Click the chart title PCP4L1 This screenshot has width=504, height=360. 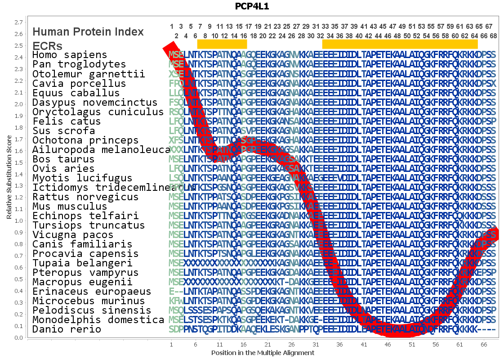(x=252, y=6)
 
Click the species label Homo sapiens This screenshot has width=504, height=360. (x=70, y=55)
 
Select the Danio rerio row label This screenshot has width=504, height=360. (x=67, y=329)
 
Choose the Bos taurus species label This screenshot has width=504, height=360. (x=63, y=159)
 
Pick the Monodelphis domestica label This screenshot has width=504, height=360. (x=98, y=320)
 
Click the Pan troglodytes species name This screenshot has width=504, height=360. (x=79, y=64)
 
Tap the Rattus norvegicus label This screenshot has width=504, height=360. (x=85, y=197)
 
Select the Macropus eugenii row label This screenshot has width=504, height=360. (x=82, y=282)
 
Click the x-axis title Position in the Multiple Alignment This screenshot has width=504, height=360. (x=263, y=353)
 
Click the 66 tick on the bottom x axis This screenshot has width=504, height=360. (x=484, y=344)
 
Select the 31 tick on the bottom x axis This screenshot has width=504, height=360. (x=316, y=344)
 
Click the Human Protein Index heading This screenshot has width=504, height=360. (x=88, y=32)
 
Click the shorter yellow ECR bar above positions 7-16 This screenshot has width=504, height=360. (x=222, y=44)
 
